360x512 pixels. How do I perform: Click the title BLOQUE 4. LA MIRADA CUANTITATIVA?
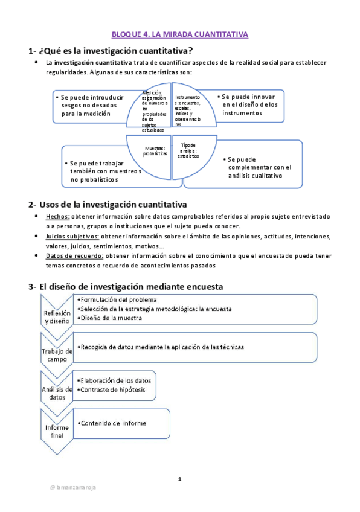(x=180, y=34)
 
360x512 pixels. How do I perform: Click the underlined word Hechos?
(x=58, y=216)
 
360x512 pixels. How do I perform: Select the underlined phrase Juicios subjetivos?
(x=73, y=237)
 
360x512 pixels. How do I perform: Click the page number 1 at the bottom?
(x=179, y=479)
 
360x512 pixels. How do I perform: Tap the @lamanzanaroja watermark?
(x=73, y=487)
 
